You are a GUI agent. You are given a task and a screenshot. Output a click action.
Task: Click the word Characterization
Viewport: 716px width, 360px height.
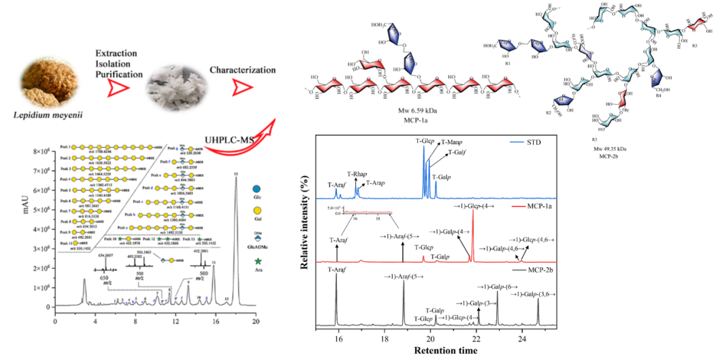tap(242, 70)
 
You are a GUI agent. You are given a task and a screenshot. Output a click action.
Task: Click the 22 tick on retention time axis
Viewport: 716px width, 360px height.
tap(476, 339)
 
